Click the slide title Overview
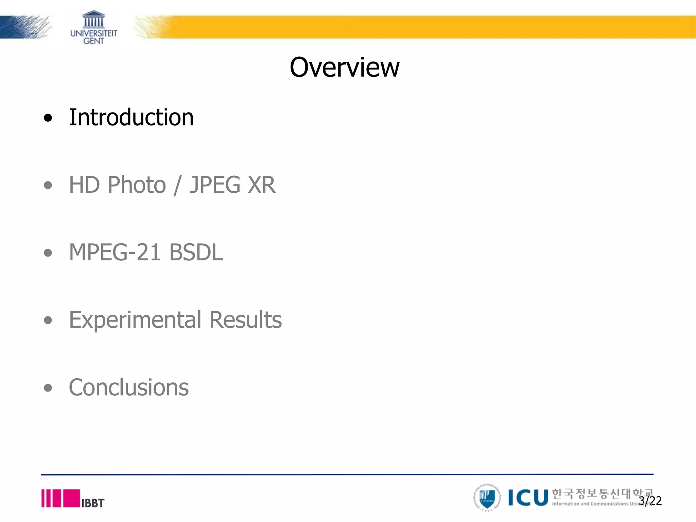pos(344,67)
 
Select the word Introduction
pos(131,117)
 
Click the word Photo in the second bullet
pos(137,185)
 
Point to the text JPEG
pos(215,185)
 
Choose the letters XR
pos(261,185)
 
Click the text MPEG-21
pos(115,253)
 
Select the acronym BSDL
pos(196,253)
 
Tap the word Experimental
pos(135,320)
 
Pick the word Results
pos(245,320)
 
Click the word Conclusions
pos(129,387)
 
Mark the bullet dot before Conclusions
pos(48,388)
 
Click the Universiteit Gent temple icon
pos(94,19)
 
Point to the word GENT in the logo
pos(94,41)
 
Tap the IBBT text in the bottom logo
pos(93,503)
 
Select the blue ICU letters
pos(528,498)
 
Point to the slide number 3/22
pos(650,501)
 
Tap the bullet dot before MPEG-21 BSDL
pos(48,253)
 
